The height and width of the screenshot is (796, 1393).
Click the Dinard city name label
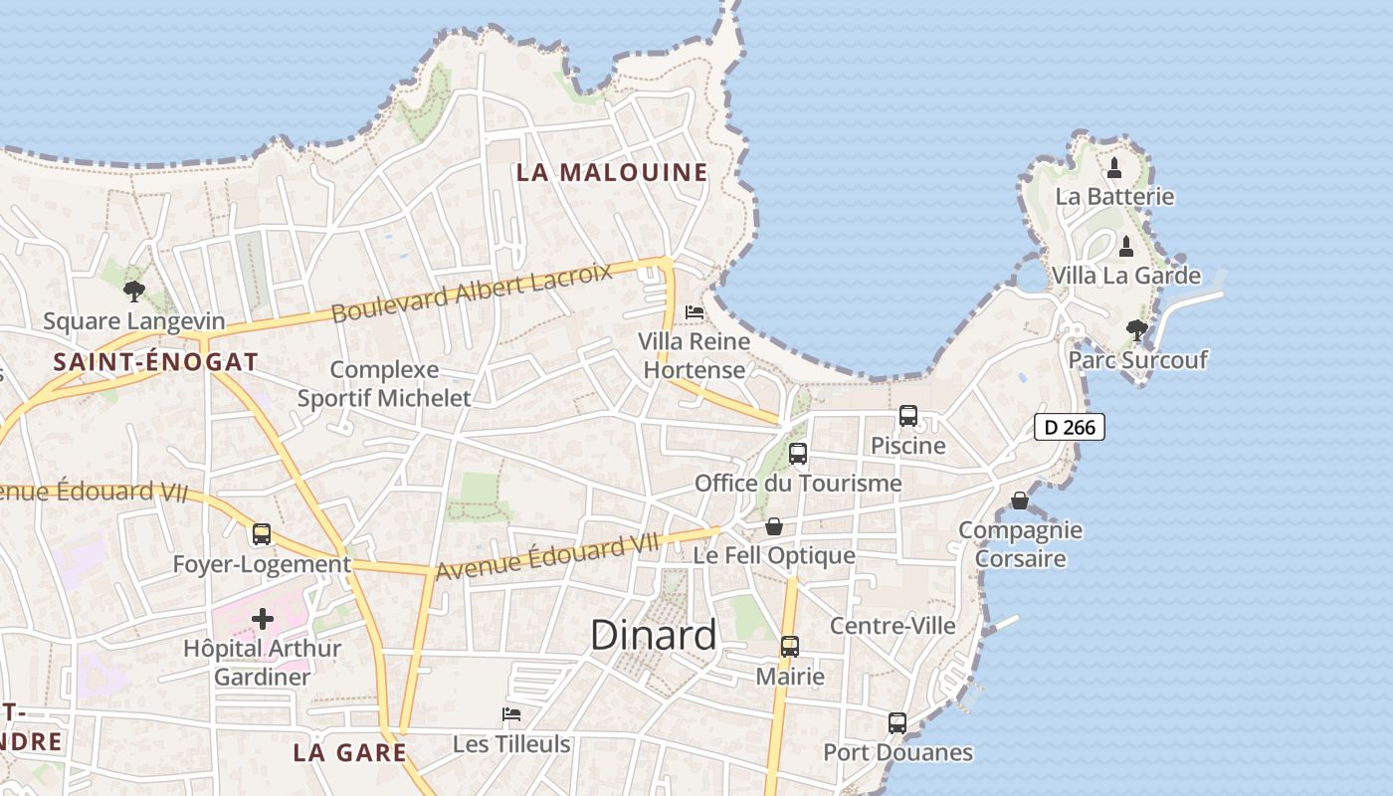click(653, 635)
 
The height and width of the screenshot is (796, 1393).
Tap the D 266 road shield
click(1070, 427)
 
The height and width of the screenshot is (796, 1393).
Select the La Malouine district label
click(612, 172)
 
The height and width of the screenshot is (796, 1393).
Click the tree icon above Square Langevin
click(134, 292)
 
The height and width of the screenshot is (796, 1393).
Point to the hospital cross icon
click(263, 619)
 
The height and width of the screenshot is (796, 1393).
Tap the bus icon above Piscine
click(908, 416)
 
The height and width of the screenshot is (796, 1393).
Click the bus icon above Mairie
click(790, 647)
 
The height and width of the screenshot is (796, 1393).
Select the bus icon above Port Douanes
click(897, 723)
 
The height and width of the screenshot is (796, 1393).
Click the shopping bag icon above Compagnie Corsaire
click(1020, 500)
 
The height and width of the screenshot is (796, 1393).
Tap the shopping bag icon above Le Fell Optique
click(774, 526)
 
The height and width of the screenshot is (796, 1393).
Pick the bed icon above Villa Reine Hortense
click(695, 312)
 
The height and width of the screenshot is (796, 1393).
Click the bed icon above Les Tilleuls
click(511, 714)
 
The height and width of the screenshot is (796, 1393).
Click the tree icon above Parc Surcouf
click(1136, 330)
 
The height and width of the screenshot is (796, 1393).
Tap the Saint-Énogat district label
click(156, 362)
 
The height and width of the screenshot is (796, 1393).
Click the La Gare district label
click(350, 752)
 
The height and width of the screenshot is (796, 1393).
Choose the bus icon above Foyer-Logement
click(262, 534)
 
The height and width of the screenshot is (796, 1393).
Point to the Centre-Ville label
click(893, 626)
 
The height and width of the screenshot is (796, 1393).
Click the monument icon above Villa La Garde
click(1126, 246)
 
